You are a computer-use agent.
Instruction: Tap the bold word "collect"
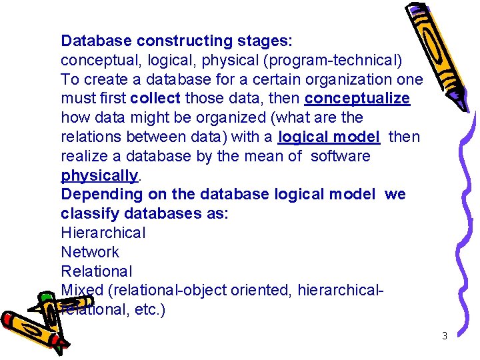(x=155, y=99)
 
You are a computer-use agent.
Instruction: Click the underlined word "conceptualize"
(x=357, y=99)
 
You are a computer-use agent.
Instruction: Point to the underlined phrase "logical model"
(x=329, y=137)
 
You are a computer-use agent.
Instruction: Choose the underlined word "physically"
(x=99, y=175)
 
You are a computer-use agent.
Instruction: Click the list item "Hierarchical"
(x=103, y=233)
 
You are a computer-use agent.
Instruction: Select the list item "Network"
(x=90, y=252)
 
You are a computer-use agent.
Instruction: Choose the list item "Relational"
(x=97, y=271)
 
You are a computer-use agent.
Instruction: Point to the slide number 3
(x=445, y=336)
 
